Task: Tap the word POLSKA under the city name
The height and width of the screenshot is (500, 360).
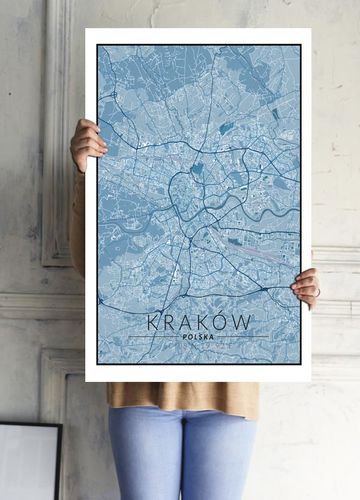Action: click(199, 338)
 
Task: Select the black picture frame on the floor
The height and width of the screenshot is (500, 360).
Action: click(30, 460)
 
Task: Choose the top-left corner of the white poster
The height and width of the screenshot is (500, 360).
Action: click(86, 30)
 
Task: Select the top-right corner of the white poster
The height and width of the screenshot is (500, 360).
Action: click(310, 30)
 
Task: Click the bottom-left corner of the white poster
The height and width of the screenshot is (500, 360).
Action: click(86, 381)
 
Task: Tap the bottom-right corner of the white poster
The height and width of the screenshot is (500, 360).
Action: click(310, 381)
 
